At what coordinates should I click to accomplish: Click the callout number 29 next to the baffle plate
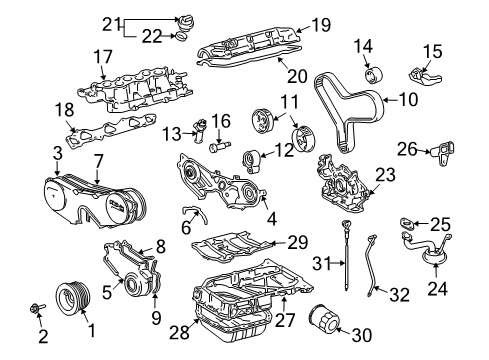297,243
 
